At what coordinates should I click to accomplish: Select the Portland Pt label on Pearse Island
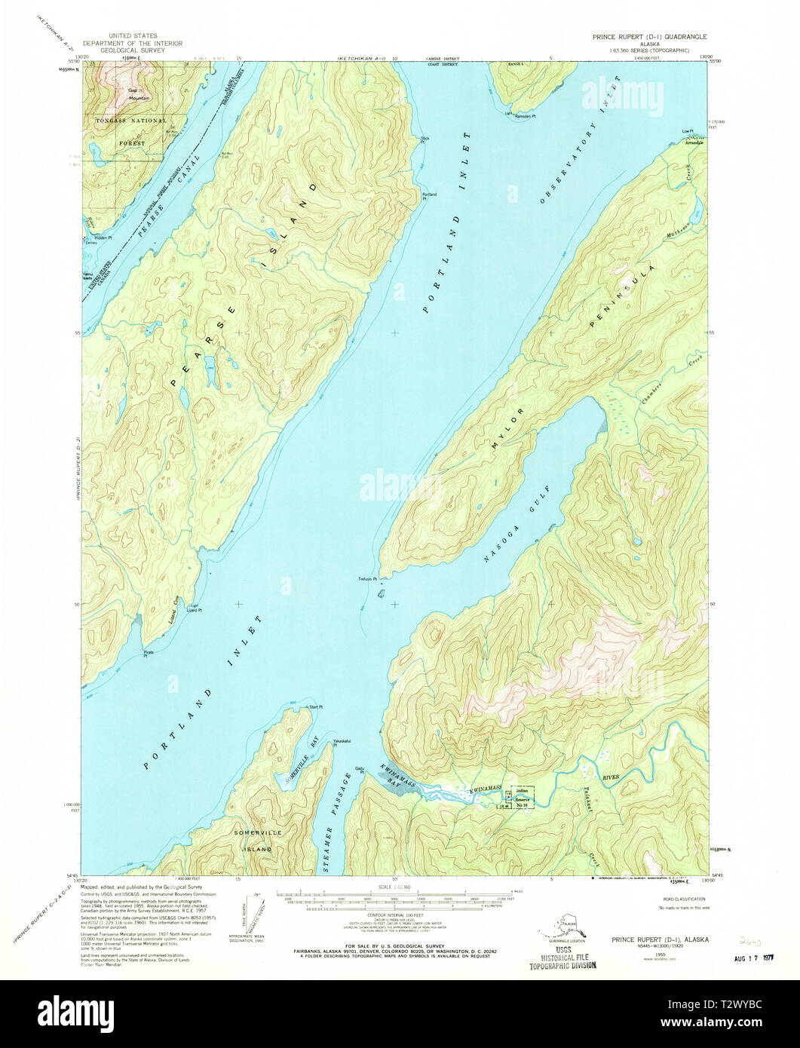[429, 196]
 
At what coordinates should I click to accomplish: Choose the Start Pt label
[314, 707]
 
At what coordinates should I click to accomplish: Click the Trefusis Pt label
[366, 580]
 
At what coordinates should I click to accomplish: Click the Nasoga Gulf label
[520, 536]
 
